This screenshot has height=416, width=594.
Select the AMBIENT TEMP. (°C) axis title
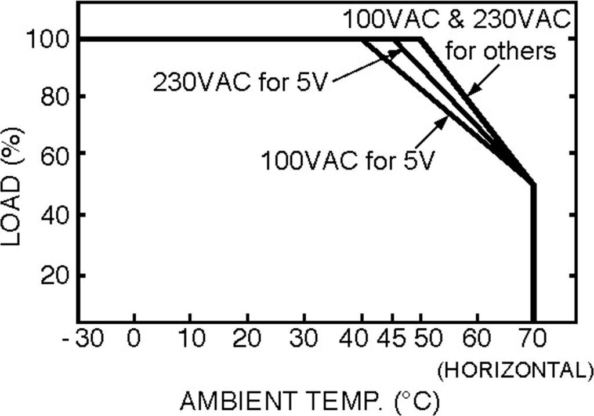point(310,401)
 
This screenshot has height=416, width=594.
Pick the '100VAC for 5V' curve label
point(347,161)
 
